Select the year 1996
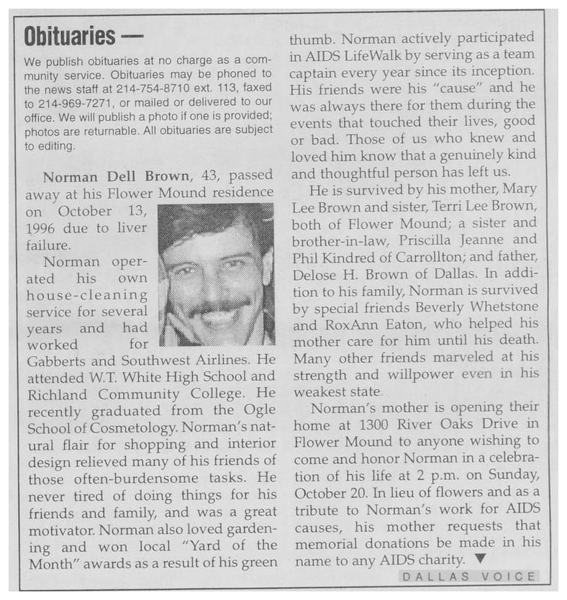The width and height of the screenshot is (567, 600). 47,228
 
